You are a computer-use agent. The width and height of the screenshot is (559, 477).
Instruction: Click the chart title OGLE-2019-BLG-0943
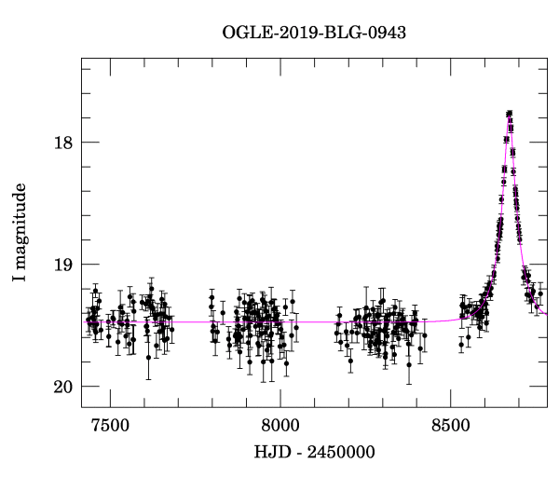pos(314,32)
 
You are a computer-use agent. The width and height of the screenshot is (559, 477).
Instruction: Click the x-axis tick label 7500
pos(110,425)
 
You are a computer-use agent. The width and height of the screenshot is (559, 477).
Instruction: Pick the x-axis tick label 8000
pos(279,425)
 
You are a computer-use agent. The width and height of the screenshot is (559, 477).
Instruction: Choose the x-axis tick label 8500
pos(450,425)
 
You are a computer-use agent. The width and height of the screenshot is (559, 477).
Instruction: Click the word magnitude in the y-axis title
pos(20,221)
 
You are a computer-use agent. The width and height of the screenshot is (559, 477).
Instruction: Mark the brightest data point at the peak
pos(510,113)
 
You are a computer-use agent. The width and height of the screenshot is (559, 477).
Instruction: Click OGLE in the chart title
pos(244,32)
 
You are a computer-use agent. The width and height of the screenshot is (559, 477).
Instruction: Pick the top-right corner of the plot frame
pos(547,58)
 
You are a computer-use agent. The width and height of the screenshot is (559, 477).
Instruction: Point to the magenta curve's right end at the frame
pos(546,314)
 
